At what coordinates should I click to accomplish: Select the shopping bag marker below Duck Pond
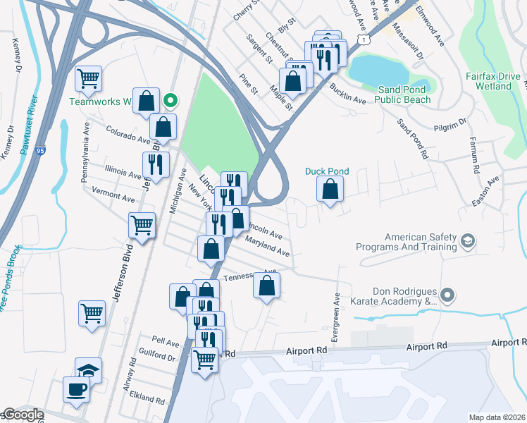330,189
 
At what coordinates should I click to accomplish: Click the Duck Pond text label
326,171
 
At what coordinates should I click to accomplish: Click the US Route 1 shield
362,41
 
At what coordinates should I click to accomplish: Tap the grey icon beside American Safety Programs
467,242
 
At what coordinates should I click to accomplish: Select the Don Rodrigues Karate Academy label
404,296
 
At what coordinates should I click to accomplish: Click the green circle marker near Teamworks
169,101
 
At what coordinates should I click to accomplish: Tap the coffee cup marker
76,388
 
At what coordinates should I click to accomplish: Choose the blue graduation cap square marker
88,370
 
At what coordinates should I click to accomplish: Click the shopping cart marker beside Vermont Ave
142,226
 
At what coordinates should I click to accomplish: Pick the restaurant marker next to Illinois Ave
156,165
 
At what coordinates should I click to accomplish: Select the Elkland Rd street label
146,398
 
